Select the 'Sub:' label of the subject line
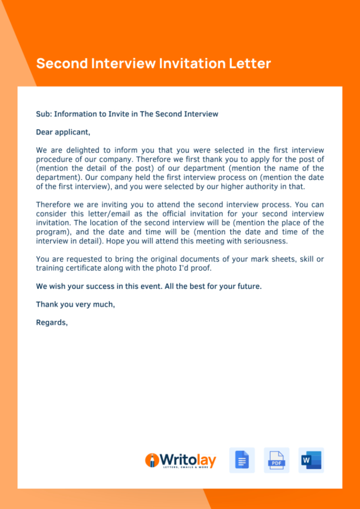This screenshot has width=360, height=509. click(x=43, y=114)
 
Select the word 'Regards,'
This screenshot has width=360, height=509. click(x=52, y=322)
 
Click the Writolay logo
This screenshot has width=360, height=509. click(x=180, y=460)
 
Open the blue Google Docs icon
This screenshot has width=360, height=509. click(x=242, y=460)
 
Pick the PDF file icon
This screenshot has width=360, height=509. click(x=276, y=460)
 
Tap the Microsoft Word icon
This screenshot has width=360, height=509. click(x=311, y=460)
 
